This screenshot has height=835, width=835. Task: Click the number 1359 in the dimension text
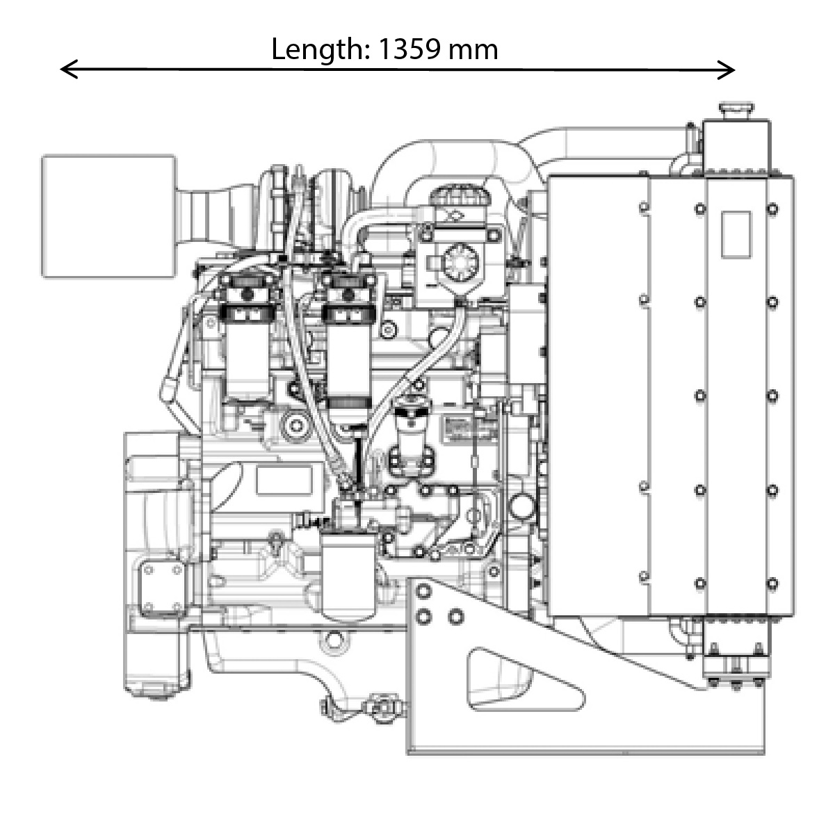410,49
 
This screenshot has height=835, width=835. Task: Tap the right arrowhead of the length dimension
726,70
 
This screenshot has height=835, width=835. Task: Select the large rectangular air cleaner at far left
108,216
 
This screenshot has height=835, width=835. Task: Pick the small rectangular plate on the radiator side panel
736,234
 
